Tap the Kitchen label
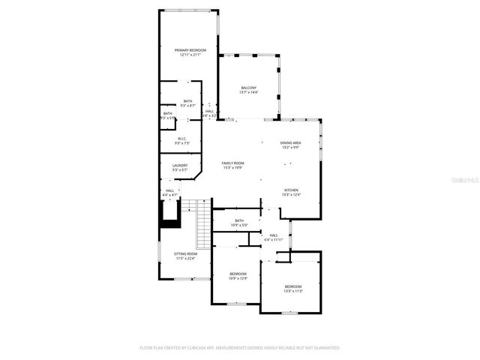291,192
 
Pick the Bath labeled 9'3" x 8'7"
187,103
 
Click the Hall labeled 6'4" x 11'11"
274,237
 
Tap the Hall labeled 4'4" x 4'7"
170,193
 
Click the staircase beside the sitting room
202,224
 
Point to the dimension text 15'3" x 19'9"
232,168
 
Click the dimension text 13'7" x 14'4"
249,92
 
